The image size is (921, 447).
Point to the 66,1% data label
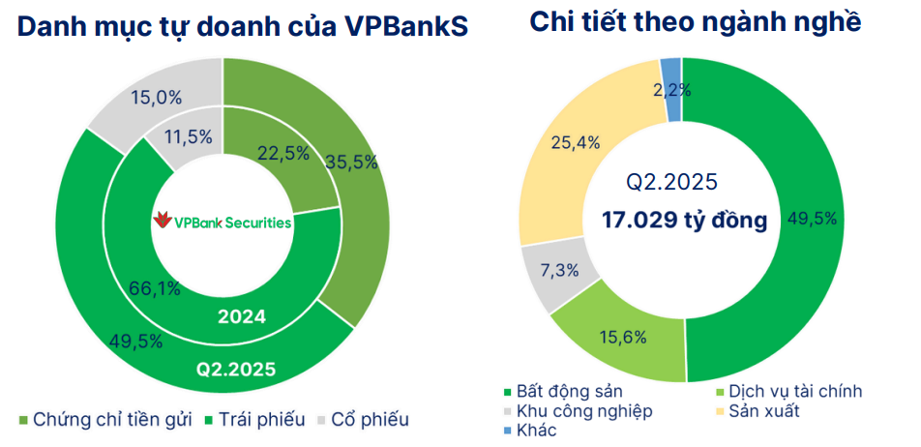154,287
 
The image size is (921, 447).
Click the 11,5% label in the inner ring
186,137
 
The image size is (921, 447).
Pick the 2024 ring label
242,315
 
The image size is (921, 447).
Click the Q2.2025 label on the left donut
237,369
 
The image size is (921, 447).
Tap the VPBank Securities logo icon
162,222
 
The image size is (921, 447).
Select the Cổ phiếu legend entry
360,420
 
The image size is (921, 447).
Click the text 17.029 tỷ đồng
683,221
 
